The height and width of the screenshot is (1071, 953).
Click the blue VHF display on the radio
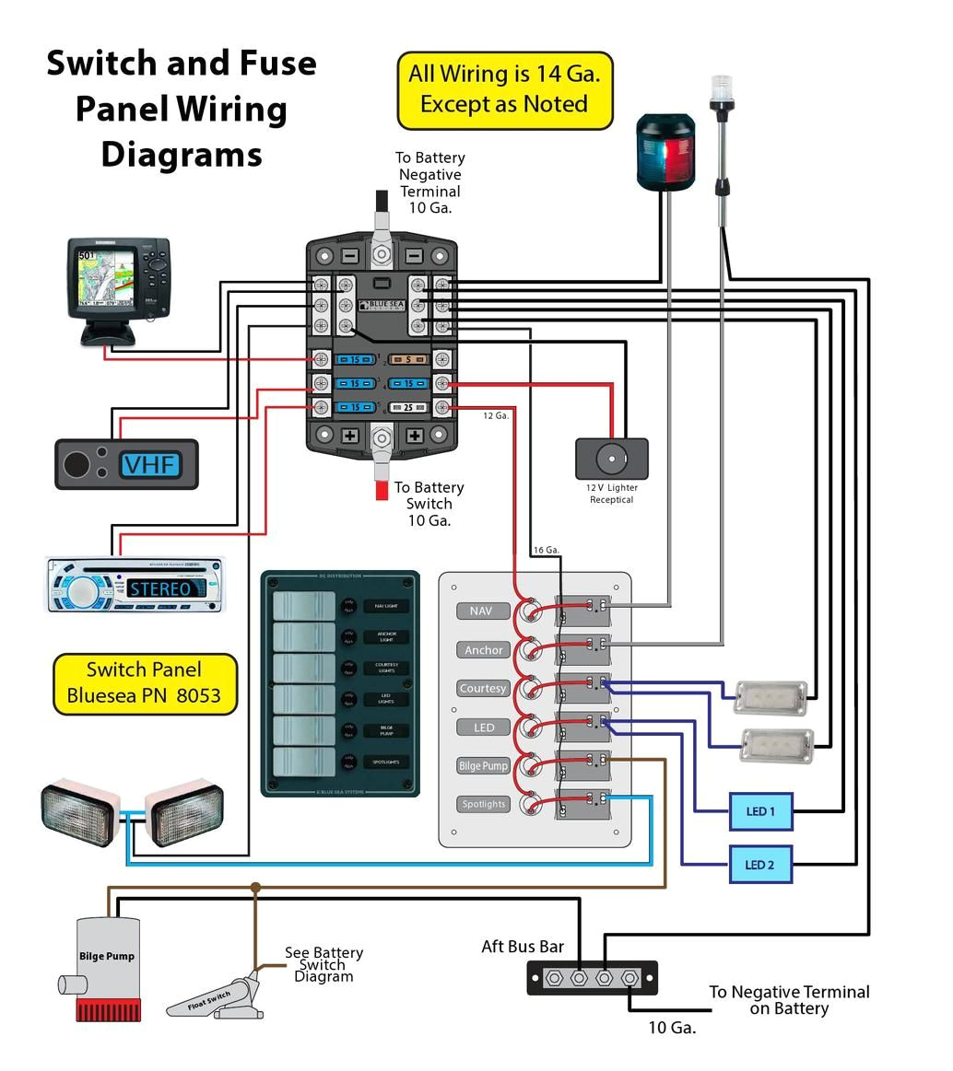(x=150, y=464)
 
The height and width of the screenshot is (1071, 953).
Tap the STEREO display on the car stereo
(x=160, y=588)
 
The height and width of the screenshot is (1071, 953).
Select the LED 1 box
(x=759, y=811)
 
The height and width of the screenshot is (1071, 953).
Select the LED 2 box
(x=759, y=865)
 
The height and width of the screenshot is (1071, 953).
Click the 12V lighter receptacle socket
(x=610, y=458)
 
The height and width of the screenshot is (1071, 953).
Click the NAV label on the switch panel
(x=481, y=611)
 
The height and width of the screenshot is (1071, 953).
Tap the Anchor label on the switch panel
(x=483, y=649)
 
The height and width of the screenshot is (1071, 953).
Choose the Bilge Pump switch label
(x=483, y=765)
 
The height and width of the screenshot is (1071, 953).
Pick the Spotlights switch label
(x=483, y=804)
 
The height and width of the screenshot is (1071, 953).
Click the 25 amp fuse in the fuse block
(x=406, y=407)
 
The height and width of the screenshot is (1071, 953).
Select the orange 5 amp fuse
(x=406, y=359)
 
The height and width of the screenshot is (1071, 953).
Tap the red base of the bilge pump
(x=108, y=1011)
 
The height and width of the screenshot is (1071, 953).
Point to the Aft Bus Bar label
(x=523, y=947)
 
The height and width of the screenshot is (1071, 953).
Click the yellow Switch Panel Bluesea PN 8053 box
(x=145, y=683)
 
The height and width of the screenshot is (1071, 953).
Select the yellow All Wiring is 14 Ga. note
(x=504, y=89)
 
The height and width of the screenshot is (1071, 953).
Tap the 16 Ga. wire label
(x=546, y=550)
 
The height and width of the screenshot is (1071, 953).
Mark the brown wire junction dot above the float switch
(x=255, y=888)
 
